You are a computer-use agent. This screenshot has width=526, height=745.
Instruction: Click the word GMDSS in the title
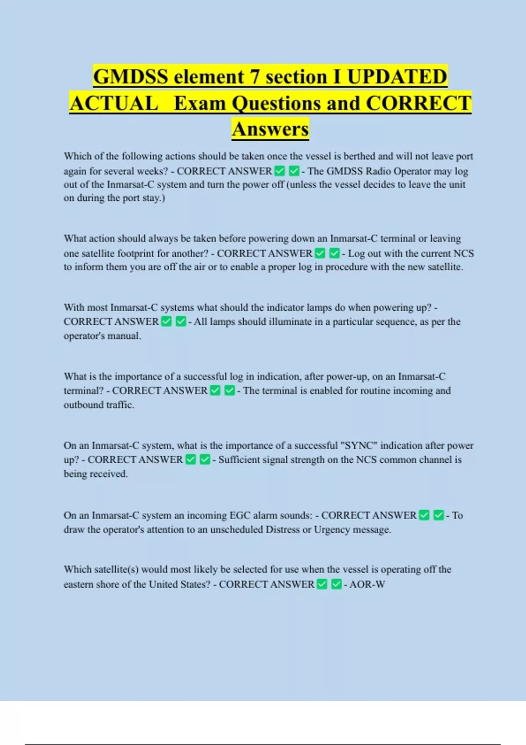tap(131, 77)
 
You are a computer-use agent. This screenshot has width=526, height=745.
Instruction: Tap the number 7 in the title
tap(255, 77)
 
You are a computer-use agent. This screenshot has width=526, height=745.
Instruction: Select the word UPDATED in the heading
tap(397, 77)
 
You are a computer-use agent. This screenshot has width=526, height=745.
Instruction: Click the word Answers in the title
tap(270, 129)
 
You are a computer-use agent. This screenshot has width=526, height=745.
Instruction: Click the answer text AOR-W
tap(367, 584)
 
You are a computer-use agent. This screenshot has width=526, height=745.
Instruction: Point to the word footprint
tap(151, 253)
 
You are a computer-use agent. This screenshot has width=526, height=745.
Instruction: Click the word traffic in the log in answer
tap(120, 404)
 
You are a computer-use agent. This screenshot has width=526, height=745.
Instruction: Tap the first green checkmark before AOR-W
tap(322, 584)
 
